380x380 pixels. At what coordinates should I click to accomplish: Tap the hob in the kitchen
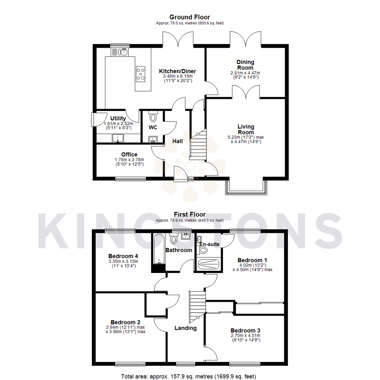(141, 74)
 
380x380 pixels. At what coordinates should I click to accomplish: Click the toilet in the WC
(153, 116)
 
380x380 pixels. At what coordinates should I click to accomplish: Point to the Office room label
(129, 154)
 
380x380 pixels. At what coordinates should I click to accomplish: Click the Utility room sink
(118, 138)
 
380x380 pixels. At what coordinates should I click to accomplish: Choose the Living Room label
(246, 129)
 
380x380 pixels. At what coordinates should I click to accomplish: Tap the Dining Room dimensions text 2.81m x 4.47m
(245, 73)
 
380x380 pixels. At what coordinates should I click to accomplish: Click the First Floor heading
(189, 214)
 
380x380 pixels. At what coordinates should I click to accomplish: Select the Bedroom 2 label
(125, 322)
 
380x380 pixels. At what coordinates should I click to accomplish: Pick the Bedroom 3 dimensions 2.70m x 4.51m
(245, 335)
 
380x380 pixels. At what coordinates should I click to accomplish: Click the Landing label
(186, 328)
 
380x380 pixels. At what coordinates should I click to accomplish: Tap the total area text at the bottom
(189, 376)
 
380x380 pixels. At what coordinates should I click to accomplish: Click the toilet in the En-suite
(203, 250)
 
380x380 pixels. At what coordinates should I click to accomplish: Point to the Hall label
(177, 141)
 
